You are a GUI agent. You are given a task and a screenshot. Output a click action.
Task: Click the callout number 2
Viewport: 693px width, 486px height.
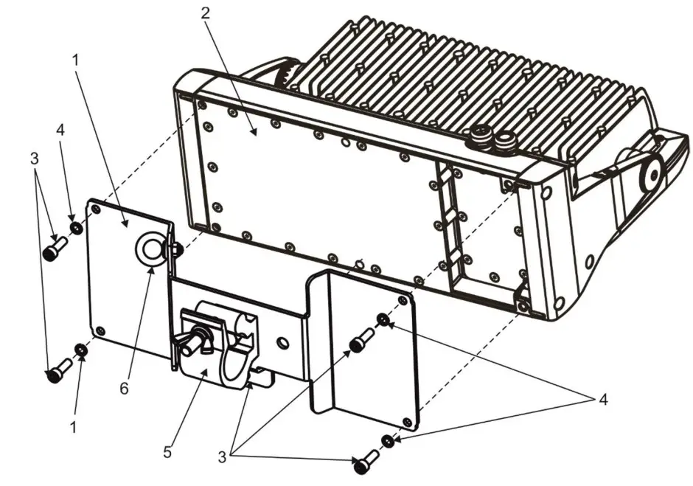click(x=206, y=14)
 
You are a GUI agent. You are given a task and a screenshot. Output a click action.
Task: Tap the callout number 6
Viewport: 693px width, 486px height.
click(x=124, y=387)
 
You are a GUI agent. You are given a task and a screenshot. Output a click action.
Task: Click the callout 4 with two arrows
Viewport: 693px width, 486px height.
click(x=603, y=400)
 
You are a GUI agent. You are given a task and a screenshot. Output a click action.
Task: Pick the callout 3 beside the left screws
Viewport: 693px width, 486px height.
click(x=34, y=160)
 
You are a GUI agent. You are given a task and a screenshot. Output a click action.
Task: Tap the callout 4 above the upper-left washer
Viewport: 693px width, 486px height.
click(x=60, y=129)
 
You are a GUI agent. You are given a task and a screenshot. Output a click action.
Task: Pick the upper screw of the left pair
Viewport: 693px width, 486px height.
click(x=53, y=249)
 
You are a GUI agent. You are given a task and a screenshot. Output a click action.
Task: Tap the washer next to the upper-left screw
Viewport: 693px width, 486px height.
click(x=74, y=225)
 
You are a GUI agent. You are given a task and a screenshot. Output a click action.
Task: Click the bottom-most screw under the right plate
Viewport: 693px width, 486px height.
click(x=363, y=464)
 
